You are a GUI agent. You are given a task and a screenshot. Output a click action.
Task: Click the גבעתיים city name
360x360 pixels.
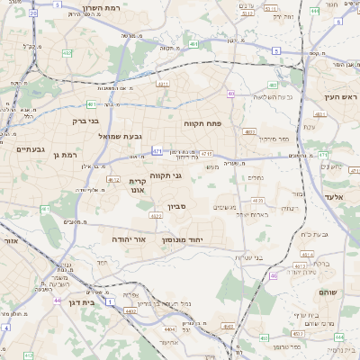(x=31, y=148)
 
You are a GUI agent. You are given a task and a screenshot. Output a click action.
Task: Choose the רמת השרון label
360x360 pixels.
(x=88, y=7)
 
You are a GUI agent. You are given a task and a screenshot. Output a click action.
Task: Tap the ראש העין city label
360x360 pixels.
(x=341, y=96)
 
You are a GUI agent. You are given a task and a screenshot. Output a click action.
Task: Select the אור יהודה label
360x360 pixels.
(x=127, y=240)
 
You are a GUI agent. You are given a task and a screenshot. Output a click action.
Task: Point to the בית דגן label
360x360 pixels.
(x=81, y=302)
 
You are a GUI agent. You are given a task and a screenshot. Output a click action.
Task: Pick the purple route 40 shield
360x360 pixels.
(x=230, y=94)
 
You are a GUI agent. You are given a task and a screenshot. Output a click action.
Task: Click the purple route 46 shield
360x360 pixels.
(x=274, y=275)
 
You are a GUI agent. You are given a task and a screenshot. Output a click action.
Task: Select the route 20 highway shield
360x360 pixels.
(x=33, y=14)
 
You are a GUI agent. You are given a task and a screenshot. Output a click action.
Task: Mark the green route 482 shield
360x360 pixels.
(x=67, y=54)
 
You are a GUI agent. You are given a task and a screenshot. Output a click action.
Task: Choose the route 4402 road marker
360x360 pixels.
(x=131, y=311)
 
